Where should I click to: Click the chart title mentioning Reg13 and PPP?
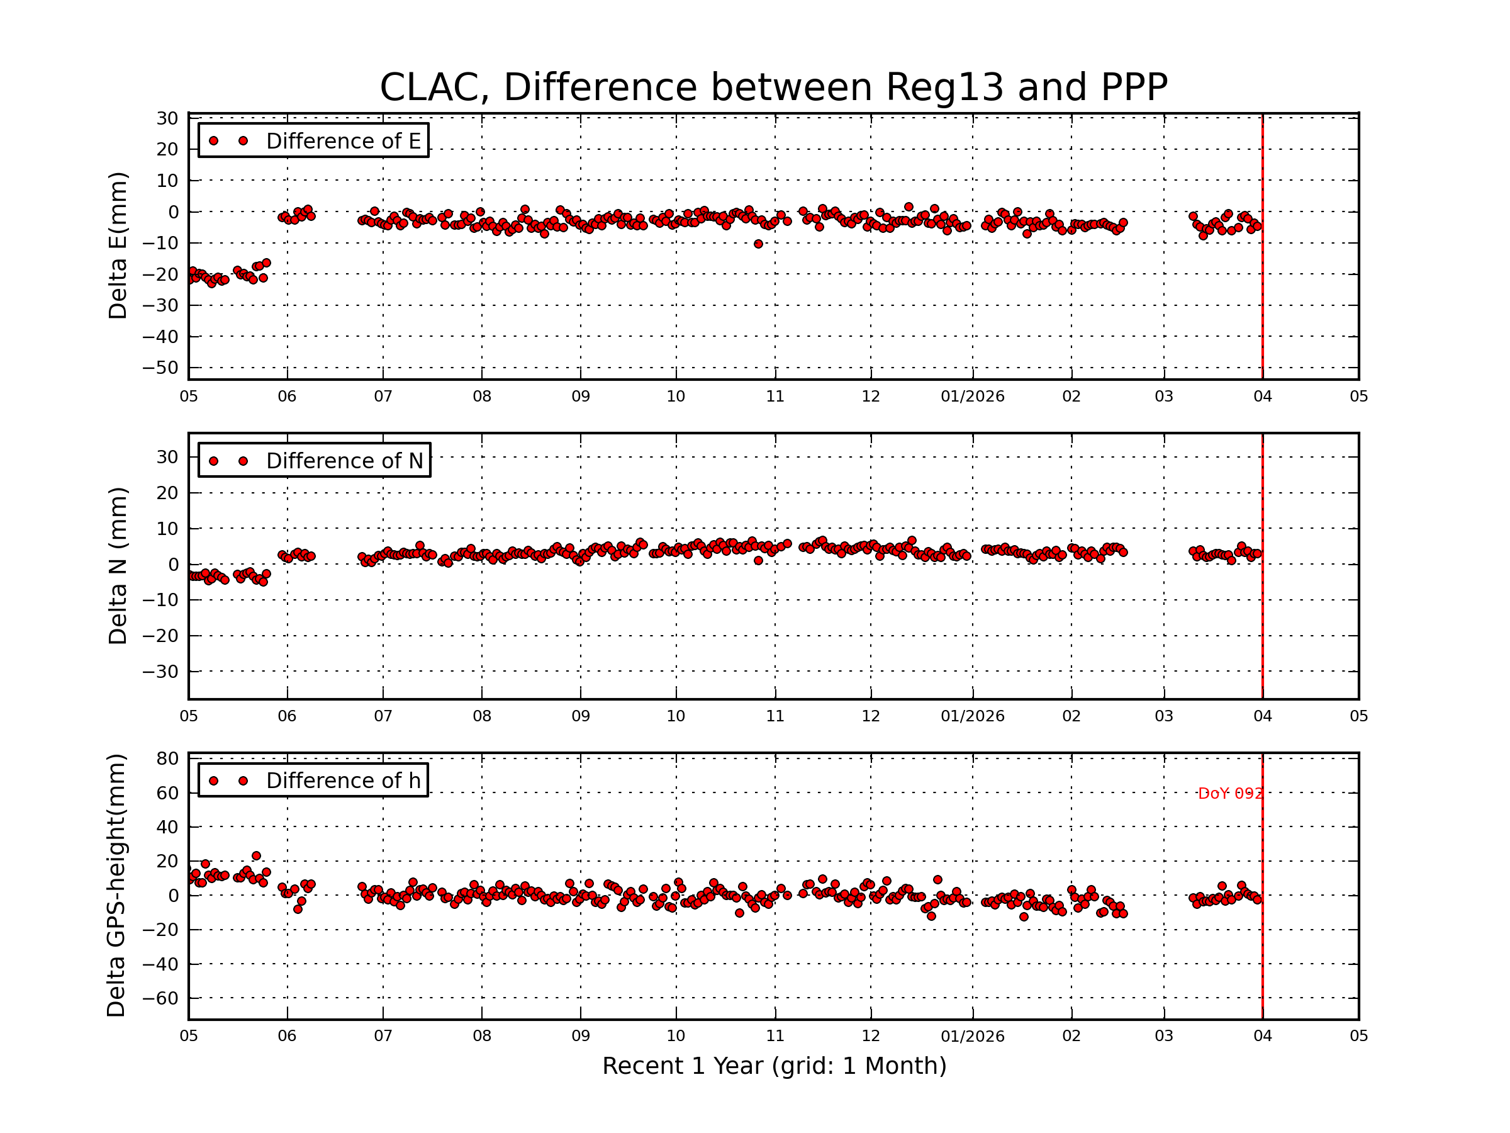click(x=773, y=87)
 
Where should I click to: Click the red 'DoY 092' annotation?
click(x=1229, y=794)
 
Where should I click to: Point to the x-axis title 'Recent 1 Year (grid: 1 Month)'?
click(x=773, y=1066)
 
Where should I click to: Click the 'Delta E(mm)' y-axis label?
click(x=118, y=246)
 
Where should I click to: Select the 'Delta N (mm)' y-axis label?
click(x=118, y=565)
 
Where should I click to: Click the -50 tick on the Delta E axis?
click(x=160, y=368)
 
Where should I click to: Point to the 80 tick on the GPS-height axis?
click(x=167, y=758)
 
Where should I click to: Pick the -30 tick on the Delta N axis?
click(x=160, y=672)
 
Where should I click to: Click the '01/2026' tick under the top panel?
click(x=972, y=397)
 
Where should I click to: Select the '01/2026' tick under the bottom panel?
click(x=972, y=1036)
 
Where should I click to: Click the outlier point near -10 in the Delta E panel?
click(x=758, y=244)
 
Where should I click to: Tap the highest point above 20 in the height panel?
click(x=256, y=855)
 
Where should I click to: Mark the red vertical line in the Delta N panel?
click(x=1262, y=614)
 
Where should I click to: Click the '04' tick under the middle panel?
click(x=1262, y=716)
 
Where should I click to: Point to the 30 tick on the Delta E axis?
click(x=167, y=119)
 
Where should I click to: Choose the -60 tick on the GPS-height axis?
click(x=160, y=998)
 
